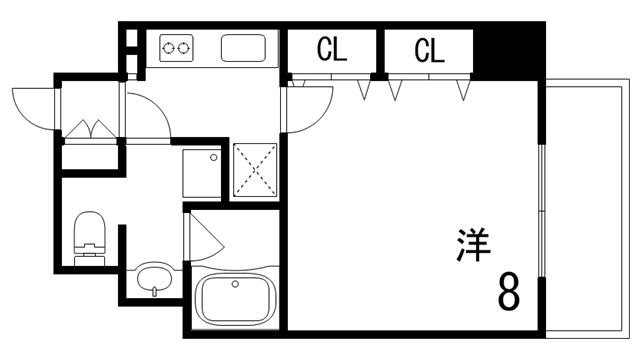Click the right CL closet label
tap(428, 49)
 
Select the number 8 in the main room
tap(508, 291)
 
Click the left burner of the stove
tap(168, 47)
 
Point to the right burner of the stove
tap(183, 47)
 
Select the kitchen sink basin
tap(243, 48)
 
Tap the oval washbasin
tap(153, 279)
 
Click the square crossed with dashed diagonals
tap(256, 171)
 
